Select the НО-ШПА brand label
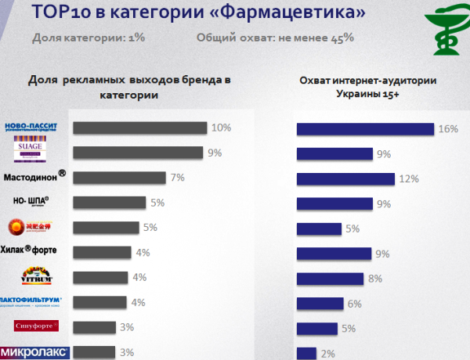[x=31, y=201]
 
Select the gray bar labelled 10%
[x=139, y=128]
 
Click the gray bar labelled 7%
[x=118, y=178]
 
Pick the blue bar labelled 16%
[x=365, y=129]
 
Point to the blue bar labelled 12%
[x=345, y=179]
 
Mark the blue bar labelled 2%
[x=306, y=353]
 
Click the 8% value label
[x=375, y=279]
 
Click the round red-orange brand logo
[x=16, y=227]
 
